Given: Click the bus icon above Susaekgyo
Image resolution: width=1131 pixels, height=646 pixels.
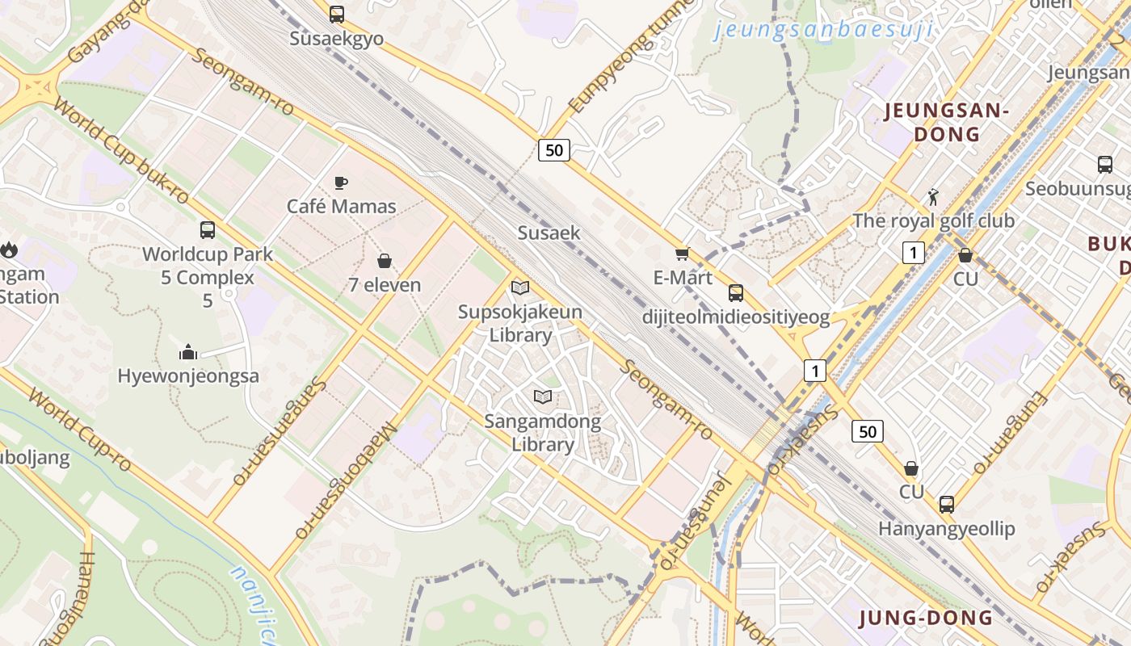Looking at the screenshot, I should pyautogui.click(x=337, y=15).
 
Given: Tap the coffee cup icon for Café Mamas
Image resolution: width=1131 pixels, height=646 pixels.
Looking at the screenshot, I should pyautogui.click(x=341, y=182).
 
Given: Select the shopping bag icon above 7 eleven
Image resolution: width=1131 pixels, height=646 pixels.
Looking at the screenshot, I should pyautogui.click(x=385, y=261).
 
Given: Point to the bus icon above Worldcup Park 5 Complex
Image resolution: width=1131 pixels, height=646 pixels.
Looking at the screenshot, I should pyautogui.click(x=208, y=230).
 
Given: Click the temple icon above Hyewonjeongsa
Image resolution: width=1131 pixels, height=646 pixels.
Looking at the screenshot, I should pyautogui.click(x=188, y=352).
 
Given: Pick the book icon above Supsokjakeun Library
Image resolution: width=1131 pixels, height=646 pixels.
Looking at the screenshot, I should pyautogui.click(x=520, y=287).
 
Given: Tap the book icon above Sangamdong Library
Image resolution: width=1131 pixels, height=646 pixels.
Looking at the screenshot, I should pyautogui.click(x=543, y=396).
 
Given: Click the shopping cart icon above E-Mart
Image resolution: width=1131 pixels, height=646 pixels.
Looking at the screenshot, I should pyautogui.click(x=683, y=254).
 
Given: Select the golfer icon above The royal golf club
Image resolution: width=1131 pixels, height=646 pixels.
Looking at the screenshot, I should pyautogui.click(x=933, y=196).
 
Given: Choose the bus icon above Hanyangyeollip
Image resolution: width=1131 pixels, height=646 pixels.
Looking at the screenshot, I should pyautogui.click(x=946, y=505).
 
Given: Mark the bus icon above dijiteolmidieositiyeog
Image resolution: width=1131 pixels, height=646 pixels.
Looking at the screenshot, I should pyautogui.click(x=735, y=292).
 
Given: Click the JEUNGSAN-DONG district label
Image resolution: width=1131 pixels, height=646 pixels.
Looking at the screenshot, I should pyautogui.click(x=947, y=122).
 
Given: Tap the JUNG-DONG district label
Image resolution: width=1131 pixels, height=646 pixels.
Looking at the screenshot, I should pyautogui.click(x=926, y=619).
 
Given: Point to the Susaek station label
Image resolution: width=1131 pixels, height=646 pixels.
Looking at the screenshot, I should pyautogui.click(x=549, y=233).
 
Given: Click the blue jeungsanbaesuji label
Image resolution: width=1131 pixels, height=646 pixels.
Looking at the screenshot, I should pyautogui.click(x=824, y=31).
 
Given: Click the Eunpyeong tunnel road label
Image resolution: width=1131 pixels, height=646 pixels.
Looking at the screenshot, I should pyautogui.click(x=631, y=57).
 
